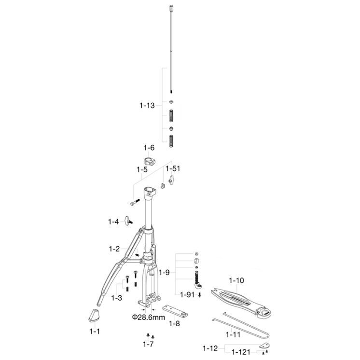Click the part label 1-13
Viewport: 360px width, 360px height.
coord(147,106)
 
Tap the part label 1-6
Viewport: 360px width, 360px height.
coord(149,148)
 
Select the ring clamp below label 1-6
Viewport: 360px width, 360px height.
coord(149,161)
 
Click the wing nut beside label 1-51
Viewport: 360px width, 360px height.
coord(171,180)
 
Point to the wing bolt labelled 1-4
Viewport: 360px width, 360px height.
coord(128,221)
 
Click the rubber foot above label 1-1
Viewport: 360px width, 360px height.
coord(95,316)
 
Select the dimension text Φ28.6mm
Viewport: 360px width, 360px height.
coord(148,318)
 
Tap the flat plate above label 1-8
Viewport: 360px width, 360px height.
coord(175,311)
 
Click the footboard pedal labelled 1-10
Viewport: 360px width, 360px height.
coord(241,303)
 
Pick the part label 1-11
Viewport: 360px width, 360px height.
coord(233,334)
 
